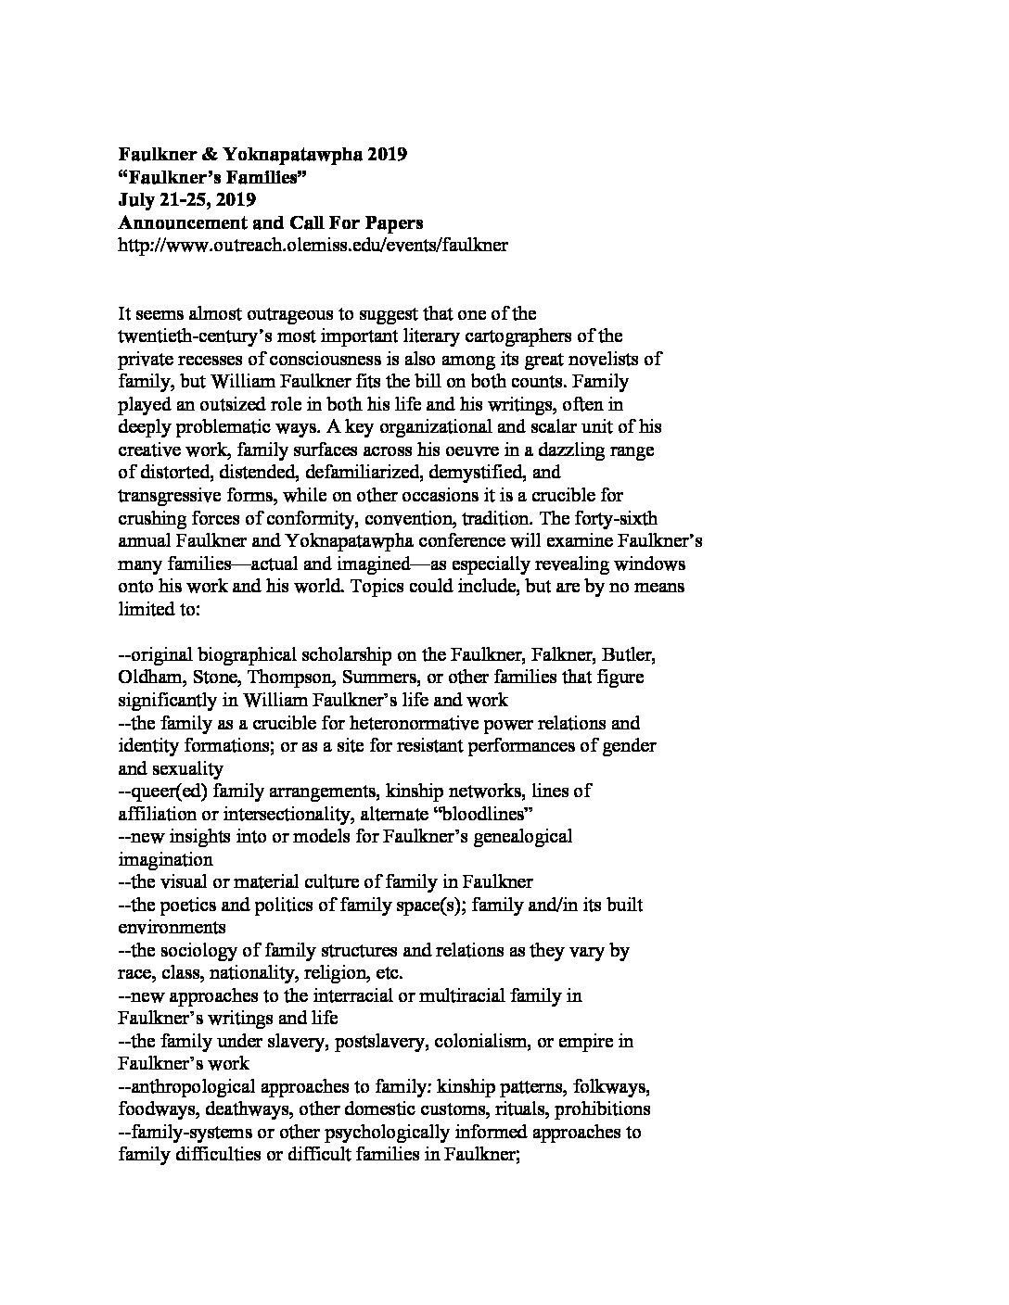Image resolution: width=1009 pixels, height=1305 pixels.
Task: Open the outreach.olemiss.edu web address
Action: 313,246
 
